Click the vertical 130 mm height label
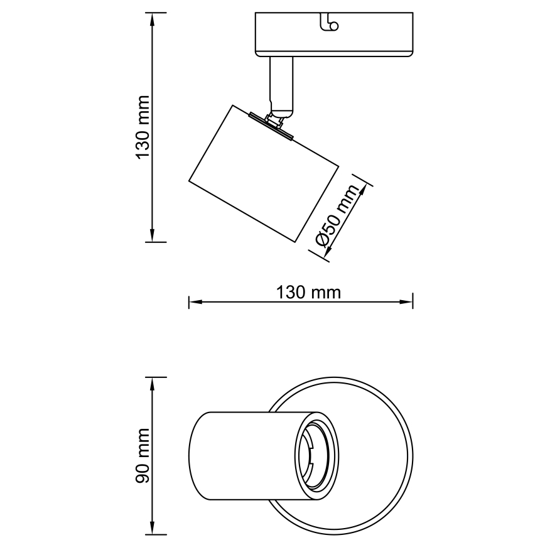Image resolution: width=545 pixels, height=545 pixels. [x=143, y=127]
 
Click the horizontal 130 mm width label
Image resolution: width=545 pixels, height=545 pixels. [x=308, y=292]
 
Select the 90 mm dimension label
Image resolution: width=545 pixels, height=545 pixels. [x=143, y=456]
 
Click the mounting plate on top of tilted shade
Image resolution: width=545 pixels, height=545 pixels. [x=271, y=126]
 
